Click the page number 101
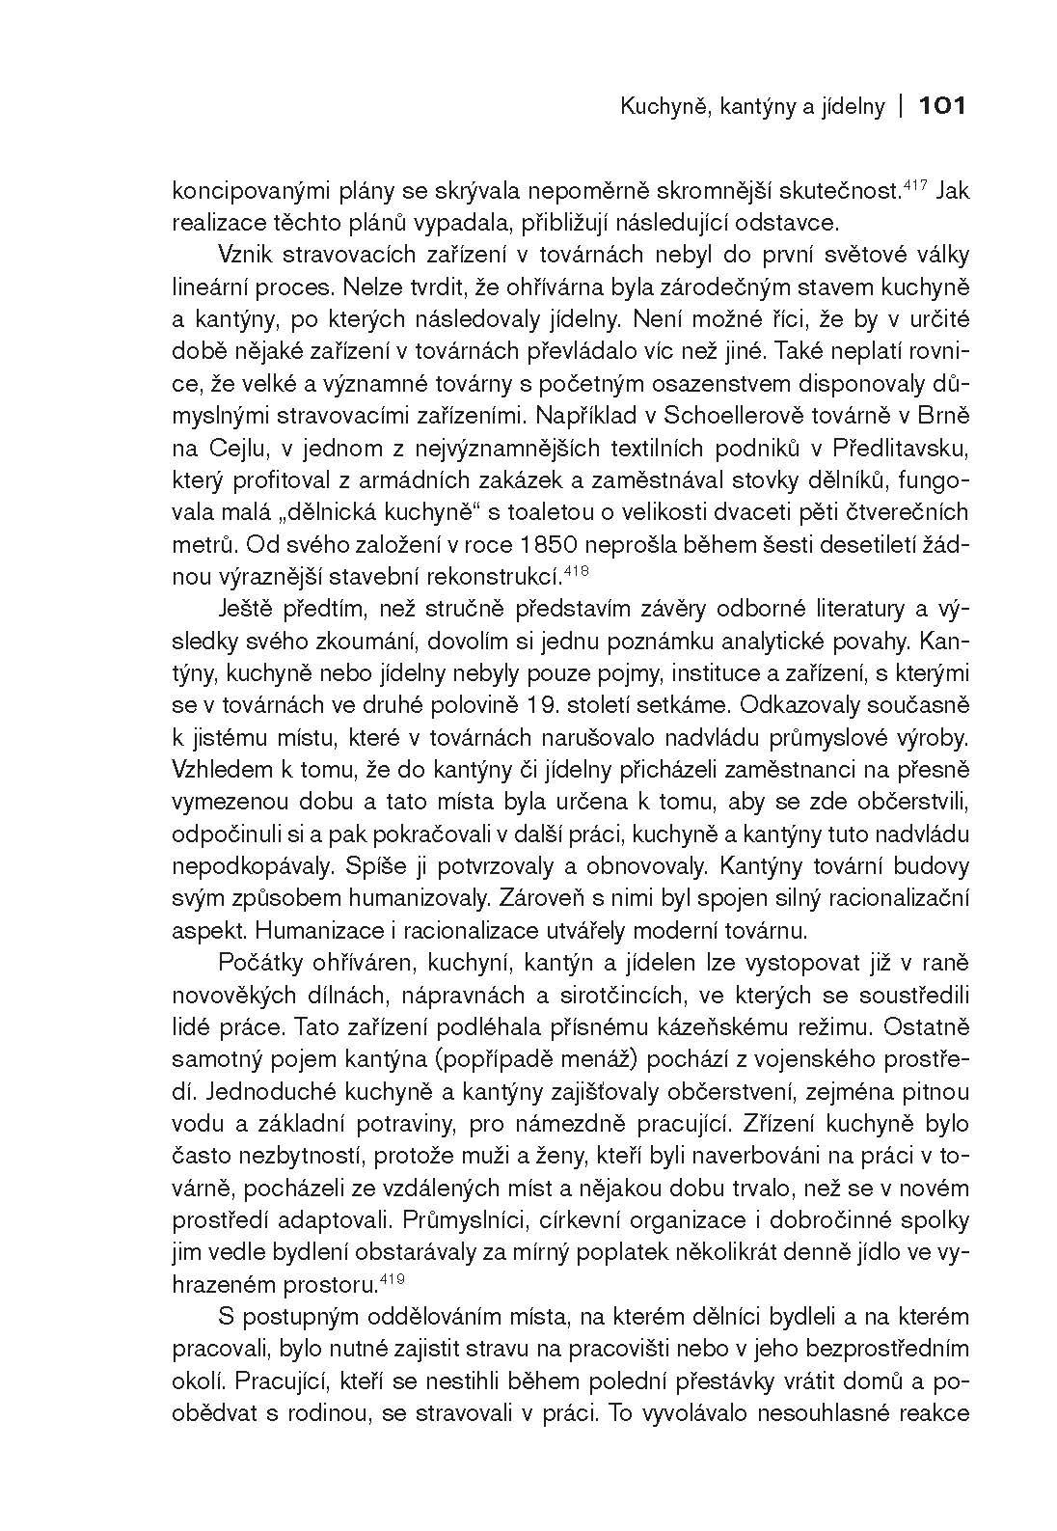click(942, 106)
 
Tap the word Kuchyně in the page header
click(653, 107)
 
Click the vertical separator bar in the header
click(899, 106)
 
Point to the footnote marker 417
click(915, 181)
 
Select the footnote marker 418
click(576, 571)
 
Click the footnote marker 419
click(392, 1278)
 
